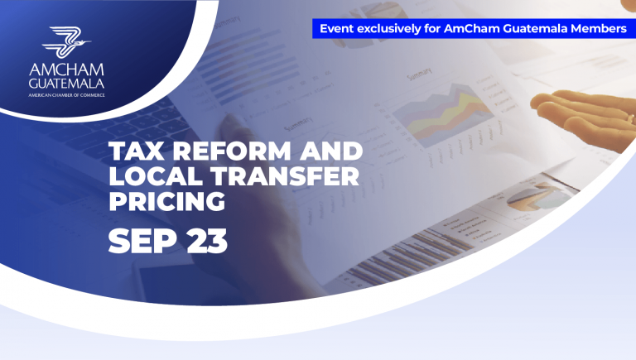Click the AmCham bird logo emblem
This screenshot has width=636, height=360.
tap(66, 42)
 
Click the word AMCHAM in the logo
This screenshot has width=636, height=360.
tap(66, 70)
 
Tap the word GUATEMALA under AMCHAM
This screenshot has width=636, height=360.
tap(66, 84)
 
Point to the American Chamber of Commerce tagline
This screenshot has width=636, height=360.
tap(66, 95)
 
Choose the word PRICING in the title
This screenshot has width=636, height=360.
tap(167, 201)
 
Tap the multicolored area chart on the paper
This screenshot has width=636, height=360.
tap(442, 113)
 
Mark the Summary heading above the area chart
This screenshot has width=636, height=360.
tap(419, 74)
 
